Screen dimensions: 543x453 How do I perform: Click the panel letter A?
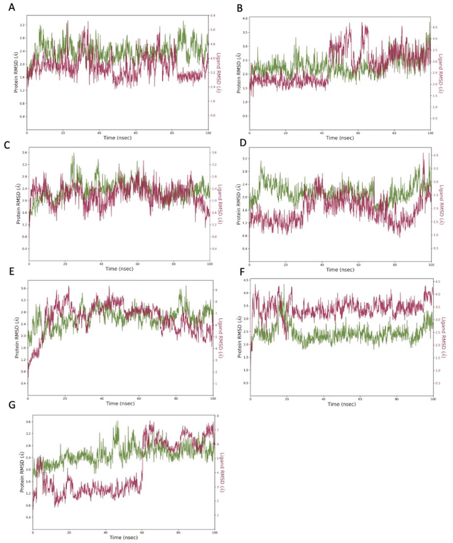click(x=11, y=7)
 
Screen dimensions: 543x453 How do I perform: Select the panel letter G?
click(x=12, y=405)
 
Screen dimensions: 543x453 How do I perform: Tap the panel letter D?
click(x=243, y=143)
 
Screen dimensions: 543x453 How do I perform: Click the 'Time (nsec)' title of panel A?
click(x=117, y=138)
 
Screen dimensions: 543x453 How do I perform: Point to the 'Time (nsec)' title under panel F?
click(x=341, y=404)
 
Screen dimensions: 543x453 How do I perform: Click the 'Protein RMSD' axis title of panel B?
click(x=239, y=73)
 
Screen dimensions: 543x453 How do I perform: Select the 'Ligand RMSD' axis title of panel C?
click(x=220, y=204)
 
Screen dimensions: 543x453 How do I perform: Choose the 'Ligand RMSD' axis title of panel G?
click(x=222, y=472)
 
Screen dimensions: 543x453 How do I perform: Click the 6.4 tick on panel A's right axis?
click(x=213, y=16)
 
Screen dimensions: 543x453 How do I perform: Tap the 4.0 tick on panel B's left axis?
click(x=245, y=18)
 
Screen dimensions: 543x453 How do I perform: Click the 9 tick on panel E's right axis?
click(x=216, y=290)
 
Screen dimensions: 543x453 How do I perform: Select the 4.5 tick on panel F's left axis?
click(x=246, y=280)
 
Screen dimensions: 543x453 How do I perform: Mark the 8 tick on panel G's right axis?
click(x=218, y=416)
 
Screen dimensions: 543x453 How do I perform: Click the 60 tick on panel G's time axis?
click(x=142, y=533)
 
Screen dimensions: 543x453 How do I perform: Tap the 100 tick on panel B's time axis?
click(x=430, y=133)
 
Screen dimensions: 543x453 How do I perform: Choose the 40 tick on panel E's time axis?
click(x=102, y=399)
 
